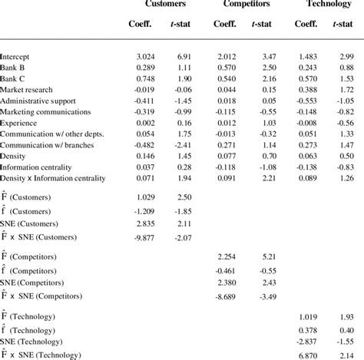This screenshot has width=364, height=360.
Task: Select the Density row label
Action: pyautogui.click(x=15, y=156)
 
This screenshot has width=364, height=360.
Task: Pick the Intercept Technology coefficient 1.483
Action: pyautogui.click(x=308, y=57)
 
